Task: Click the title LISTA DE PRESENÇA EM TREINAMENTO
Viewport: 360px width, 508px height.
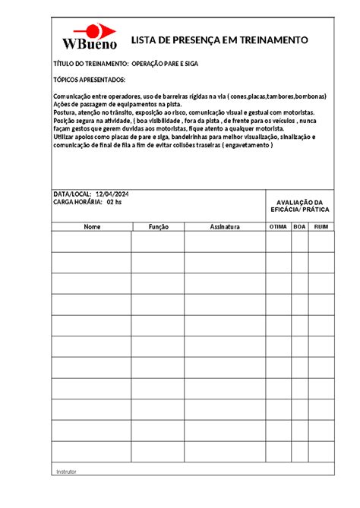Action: click(220, 39)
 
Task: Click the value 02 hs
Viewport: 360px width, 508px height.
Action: click(114, 204)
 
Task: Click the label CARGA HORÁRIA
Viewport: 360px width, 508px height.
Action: click(77, 204)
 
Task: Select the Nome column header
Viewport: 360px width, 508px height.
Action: click(92, 226)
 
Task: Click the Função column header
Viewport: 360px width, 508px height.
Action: click(158, 226)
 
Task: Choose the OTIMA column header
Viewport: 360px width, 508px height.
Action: click(278, 226)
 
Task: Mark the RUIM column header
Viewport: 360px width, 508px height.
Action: click(321, 226)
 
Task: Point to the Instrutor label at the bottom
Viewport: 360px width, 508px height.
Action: click(67, 472)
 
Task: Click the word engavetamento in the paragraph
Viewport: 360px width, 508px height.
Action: click(245, 145)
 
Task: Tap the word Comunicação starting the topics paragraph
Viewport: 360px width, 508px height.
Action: click(74, 97)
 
